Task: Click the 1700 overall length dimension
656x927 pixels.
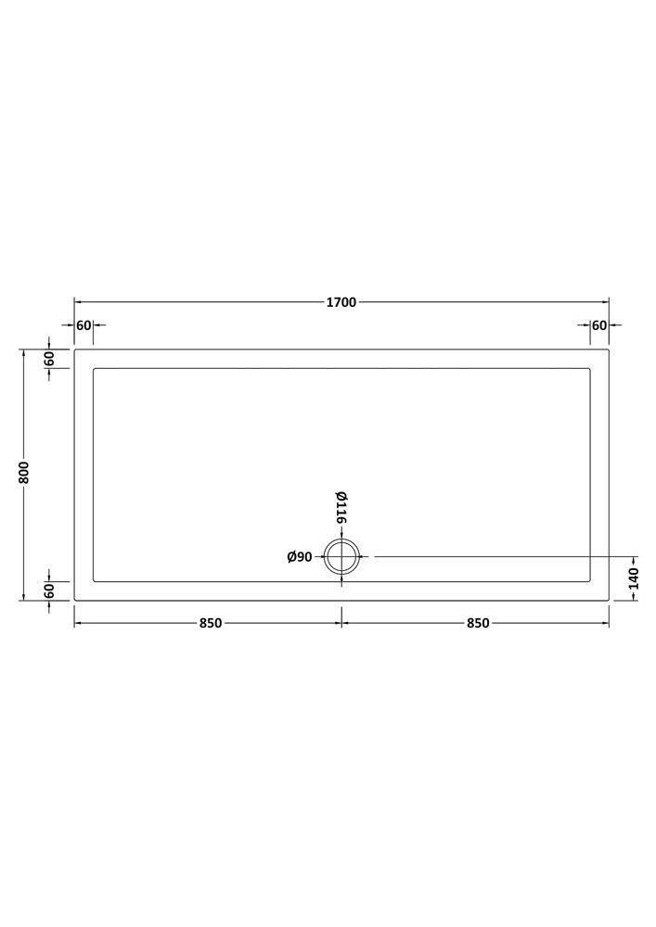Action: (x=341, y=302)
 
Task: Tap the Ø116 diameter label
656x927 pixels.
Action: (x=341, y=508)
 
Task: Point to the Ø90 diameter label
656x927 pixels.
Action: (x=300, y=557)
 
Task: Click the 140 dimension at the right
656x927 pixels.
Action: (x=634, y=578)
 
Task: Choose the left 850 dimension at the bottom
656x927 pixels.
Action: (x=210, y=623)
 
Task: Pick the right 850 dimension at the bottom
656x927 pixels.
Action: (x=478, y=623)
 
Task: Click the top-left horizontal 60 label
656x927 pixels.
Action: (x=84, y=325)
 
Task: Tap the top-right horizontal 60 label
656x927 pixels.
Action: (x=599, y=325)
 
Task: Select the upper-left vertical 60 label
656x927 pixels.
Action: (x=49, y=358)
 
